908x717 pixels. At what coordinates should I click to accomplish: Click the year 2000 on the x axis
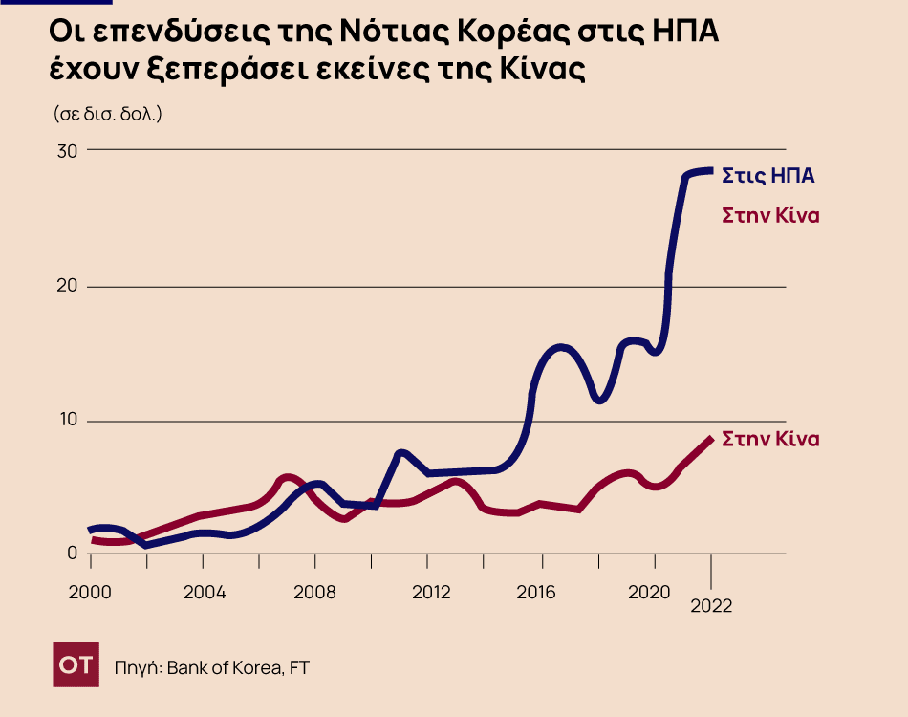[90, 592]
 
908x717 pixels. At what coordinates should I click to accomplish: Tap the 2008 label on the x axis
[316, 592]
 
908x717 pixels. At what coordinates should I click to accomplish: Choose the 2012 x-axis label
[430, 592]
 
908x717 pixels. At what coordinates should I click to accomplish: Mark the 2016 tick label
[543, 592]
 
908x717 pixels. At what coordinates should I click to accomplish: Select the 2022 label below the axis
[711, 606]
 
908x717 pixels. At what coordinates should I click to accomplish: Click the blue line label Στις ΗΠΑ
[767, 176]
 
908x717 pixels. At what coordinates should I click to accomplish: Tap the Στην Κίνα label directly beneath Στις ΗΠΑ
[770, 215]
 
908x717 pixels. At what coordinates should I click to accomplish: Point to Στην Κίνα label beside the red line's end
[770, 440]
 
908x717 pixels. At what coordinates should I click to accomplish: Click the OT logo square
[76, 665]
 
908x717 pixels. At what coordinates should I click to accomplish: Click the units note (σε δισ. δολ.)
[107, 113]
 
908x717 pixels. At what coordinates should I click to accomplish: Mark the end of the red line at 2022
[710, 439]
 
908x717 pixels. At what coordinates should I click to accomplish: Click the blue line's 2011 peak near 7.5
[401, 452]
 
